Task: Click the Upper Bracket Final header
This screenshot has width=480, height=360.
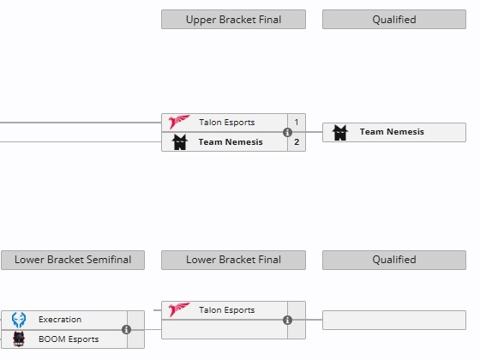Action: coord(233,19)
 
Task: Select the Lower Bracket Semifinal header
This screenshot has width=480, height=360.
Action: coord(73,260)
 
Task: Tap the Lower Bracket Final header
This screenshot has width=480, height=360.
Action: coord(233,260)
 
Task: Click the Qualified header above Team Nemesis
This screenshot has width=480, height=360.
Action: coord(394,19)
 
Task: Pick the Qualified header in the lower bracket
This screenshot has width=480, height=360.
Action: coord(394,260)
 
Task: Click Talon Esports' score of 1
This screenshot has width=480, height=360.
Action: coord(297,122)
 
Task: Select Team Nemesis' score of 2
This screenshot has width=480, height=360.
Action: coord(297,142)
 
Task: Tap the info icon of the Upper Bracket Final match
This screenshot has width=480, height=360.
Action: coord(287,132)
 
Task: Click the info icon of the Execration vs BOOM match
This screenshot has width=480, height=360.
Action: coord(127,329)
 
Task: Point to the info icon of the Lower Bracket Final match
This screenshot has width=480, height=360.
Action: coord(287,321)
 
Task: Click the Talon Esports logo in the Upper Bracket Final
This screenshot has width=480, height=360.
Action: coord(179,122)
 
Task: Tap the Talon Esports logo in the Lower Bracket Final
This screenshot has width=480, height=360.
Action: coord(179,309)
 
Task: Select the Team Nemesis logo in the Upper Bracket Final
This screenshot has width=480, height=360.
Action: coord(180,142)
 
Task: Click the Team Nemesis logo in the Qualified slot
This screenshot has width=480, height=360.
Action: coord(340,133)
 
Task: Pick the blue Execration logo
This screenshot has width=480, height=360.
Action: coord(19,320)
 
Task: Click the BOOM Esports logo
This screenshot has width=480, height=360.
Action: coord(19,339)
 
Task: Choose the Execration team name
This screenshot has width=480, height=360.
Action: coord(60,320)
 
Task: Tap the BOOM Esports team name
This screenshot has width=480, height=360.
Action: coord(69,339)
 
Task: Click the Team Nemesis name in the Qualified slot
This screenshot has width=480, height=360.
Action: coord(392,132)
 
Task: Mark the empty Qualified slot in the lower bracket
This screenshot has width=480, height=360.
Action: coord(394,321)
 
